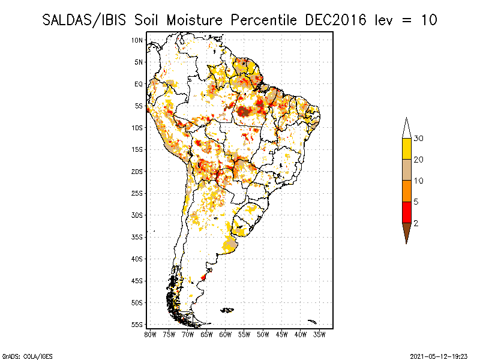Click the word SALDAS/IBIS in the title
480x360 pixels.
[84, 20]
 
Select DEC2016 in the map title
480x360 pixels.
[335, 20]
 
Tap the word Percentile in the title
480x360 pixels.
[263, 20]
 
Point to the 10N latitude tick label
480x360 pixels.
[137, 40]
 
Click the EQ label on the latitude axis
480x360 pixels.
[139, 84]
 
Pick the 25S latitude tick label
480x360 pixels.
[137, 193]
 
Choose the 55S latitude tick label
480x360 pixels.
[137, 325]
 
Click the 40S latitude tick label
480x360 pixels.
[137, 259]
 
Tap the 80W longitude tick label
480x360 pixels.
[150, 335]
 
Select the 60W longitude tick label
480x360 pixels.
[226, 335]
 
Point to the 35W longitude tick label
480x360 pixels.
[319, 335]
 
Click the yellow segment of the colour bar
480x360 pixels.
[407, 149]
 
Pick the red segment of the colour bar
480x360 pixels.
[407, 212]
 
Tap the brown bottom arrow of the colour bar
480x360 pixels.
[407, 232]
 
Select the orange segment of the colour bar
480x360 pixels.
[407, 191]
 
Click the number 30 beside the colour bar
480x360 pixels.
[418, 139]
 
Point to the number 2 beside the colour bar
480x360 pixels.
[416, 223]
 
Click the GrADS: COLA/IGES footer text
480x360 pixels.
[27, 356]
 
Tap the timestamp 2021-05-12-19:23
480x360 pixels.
[439, 356]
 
